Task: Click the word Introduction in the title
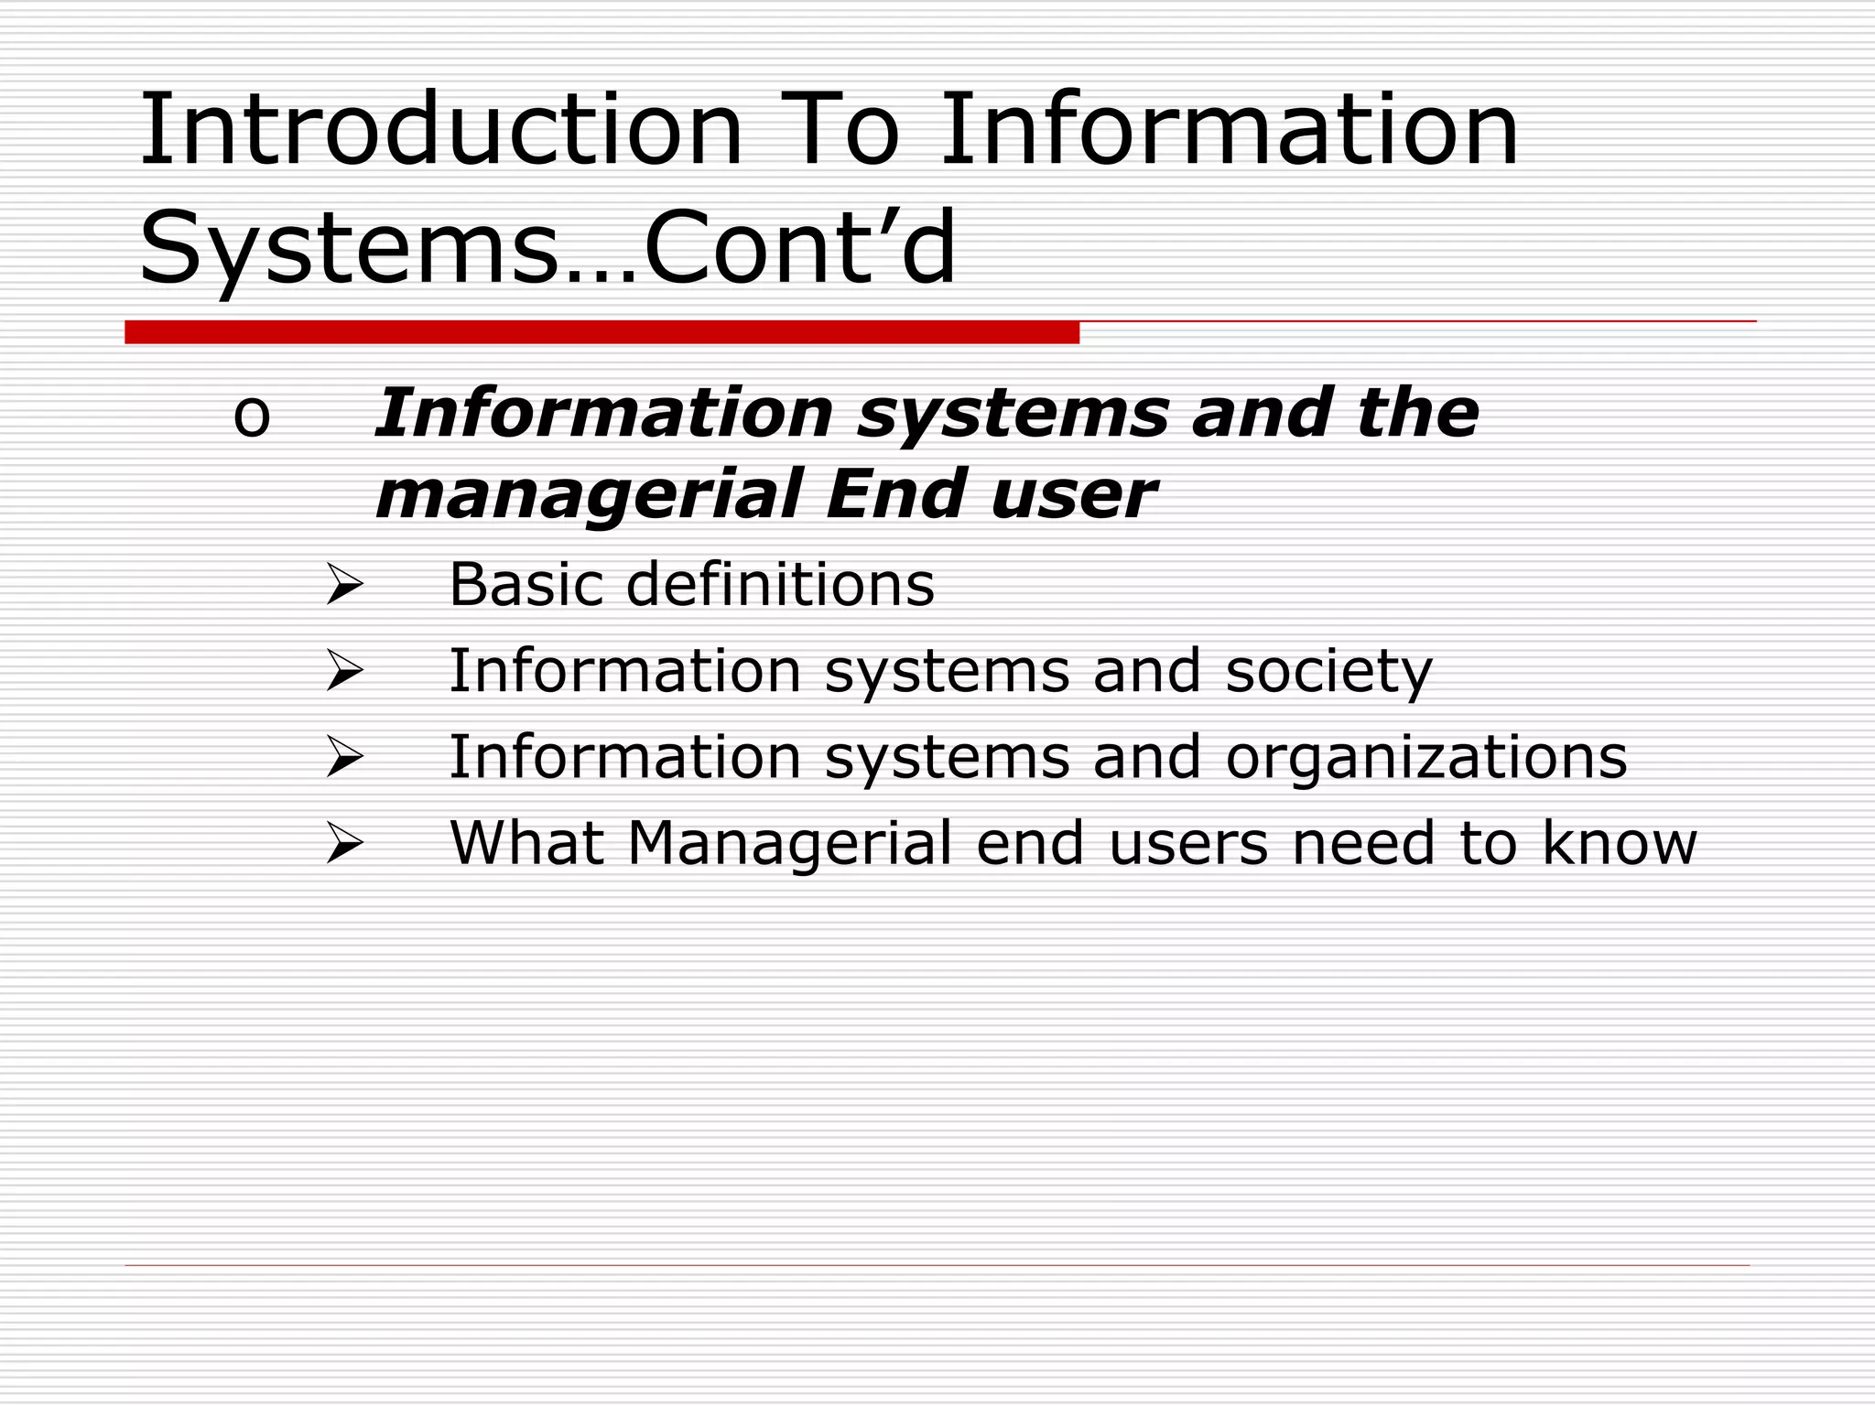point(439,130)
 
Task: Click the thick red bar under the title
point(602,332)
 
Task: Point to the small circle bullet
point(252,417)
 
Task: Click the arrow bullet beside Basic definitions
point(345,585)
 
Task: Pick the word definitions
point(780,584)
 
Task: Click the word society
point(1328,672)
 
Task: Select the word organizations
point(1426,758)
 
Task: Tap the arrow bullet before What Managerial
point(345,843)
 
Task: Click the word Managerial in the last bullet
point(790,844)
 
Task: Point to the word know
point(1619,843)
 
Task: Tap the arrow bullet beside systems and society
point(345,671)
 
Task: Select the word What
point(526,843)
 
